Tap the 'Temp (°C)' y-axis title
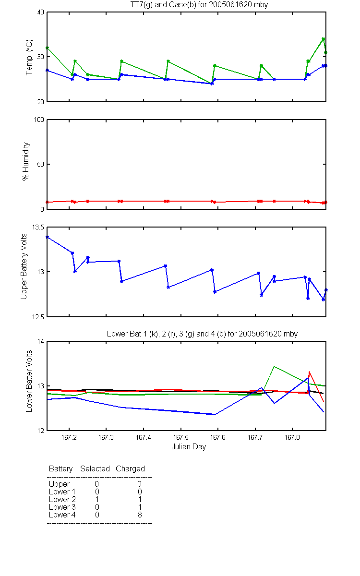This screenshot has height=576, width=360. (29, 57)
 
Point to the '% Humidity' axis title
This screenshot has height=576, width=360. (26, 161)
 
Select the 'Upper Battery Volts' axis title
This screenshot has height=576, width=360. (24, 266)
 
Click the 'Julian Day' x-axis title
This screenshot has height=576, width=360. (189, 447)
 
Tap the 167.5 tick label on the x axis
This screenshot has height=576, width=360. (181, 437)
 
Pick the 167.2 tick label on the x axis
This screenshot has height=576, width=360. (69, 437)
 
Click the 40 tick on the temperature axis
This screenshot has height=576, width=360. (41, 12)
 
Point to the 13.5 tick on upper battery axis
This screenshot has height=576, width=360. (38, 228)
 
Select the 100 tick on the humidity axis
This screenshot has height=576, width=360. (39, 120)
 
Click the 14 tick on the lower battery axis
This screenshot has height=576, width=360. (41, 342)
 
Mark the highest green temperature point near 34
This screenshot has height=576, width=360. (323, 39)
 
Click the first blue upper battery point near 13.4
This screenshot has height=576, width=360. (47, 237)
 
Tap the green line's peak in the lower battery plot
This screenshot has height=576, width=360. (274, 366)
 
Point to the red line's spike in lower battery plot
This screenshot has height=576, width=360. (309, 372)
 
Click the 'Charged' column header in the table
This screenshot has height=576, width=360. (130, 469)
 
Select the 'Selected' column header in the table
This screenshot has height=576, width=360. (95, 468)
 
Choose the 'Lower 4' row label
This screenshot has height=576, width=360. (62, 515)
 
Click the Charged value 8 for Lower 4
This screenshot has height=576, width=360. (140, 515)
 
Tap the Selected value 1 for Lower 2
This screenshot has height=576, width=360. (97, 499)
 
